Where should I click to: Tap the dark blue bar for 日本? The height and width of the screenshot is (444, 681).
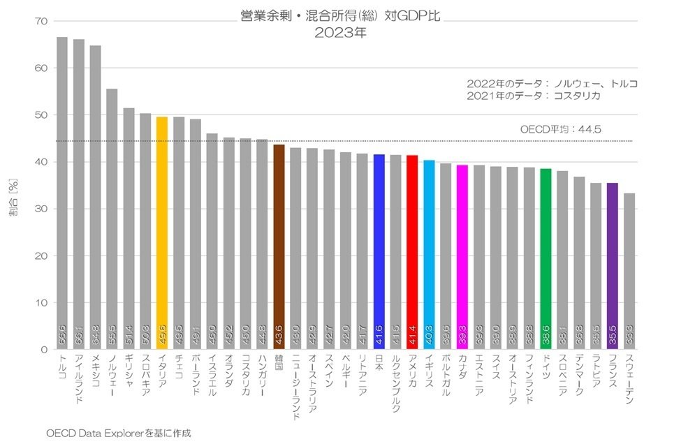coord(379,251)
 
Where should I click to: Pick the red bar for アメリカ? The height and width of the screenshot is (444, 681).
coord(412,252)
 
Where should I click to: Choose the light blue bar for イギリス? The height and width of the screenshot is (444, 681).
coord(429,255)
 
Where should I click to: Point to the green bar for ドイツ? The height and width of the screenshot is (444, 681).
coord(545,259)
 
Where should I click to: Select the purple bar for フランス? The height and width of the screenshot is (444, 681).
coord(613,266)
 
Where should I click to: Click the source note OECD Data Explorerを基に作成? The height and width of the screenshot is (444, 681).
coord(118,433)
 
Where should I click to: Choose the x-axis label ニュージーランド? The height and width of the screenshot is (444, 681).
coord(295,387)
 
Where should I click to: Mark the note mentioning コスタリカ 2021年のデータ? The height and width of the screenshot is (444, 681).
coord(534,96)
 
